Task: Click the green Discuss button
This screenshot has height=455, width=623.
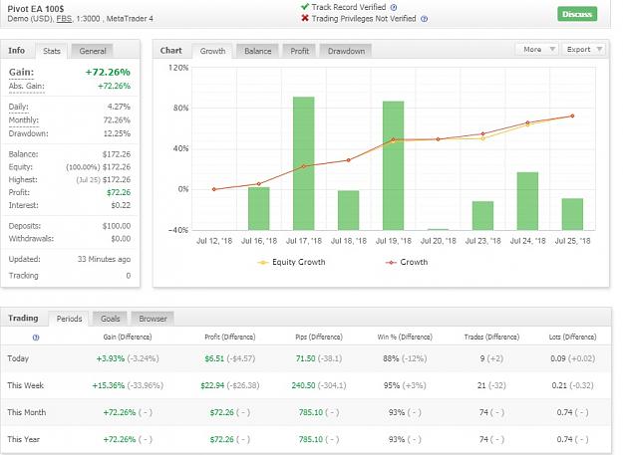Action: tap(577, 14)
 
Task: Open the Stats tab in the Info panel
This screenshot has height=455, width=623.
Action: tap(52, 51)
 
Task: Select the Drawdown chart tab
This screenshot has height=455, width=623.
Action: tap(346, 51)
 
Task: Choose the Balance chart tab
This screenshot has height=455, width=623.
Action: tap(258, 51)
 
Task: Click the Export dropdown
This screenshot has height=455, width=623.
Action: tap(584, 49)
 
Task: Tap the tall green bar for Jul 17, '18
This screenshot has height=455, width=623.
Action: tap(304, 163)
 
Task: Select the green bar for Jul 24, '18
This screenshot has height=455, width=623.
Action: tap(527, 201)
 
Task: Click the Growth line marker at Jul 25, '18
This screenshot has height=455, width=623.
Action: tap(572, 115)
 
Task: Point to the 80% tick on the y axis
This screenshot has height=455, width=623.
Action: tap(180, 108)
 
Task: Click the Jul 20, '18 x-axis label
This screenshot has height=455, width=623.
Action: tap(439, 241)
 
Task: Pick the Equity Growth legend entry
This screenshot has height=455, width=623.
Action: tap(292, 262)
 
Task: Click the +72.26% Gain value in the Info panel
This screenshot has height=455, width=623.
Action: tap(108, 73)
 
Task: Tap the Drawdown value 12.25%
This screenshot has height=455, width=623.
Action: tap(117, 133)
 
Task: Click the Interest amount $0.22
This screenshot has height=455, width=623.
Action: tap(121, 205)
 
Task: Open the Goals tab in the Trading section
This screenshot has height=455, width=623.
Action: tap(110, 319)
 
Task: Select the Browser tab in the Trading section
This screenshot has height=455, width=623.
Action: tap(153, 319)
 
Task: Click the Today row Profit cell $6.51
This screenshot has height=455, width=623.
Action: tap(214, 358)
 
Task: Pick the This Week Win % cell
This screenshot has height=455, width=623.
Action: tap(405, 385)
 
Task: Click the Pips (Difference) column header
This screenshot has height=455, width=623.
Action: tap(319, 338)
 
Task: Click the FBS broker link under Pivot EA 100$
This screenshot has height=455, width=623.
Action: tap(64, 19)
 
